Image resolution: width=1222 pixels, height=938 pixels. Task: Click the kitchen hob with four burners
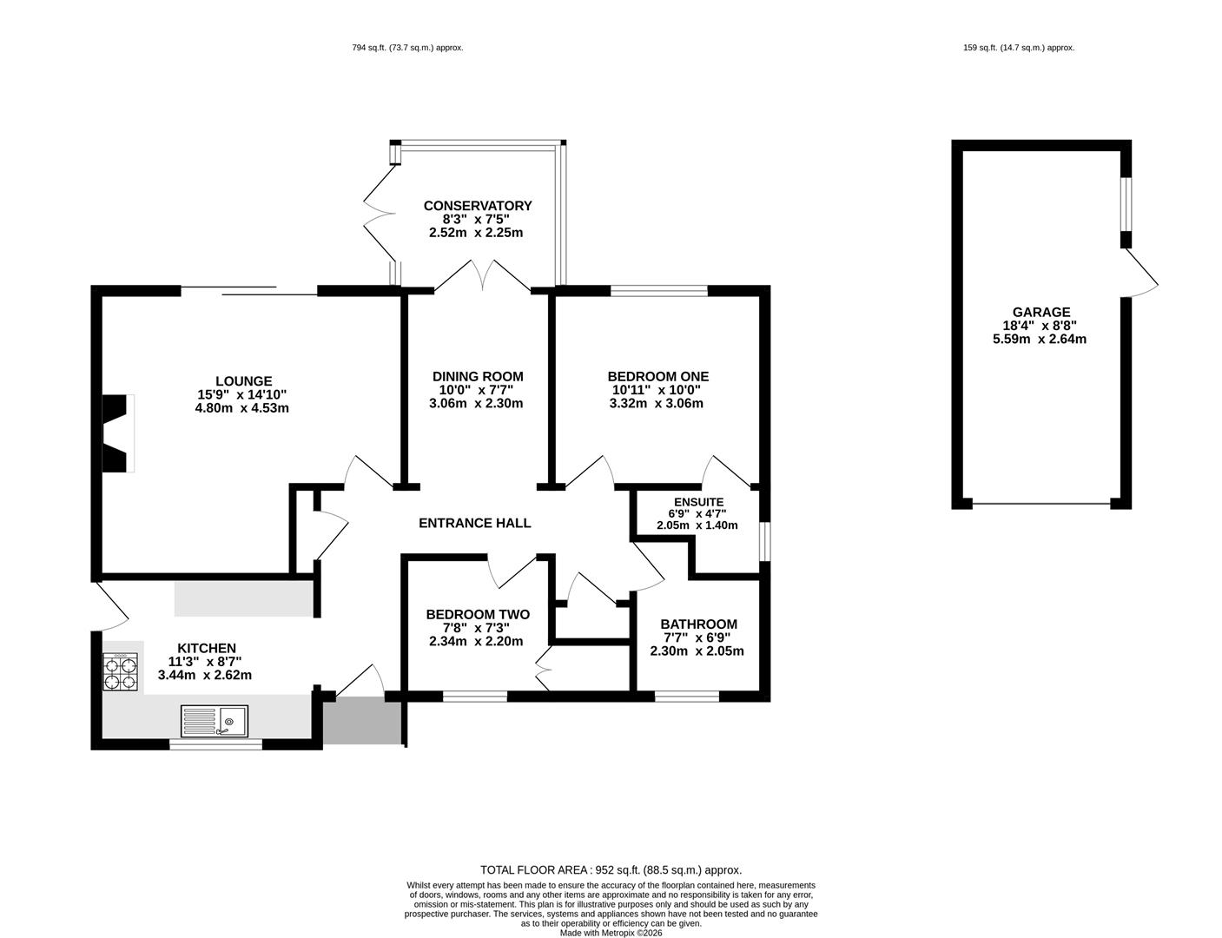tap(120, 670)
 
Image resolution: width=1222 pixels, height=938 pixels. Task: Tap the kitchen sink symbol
tap(215, 721)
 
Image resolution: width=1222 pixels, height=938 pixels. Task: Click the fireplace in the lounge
tap(118, 433)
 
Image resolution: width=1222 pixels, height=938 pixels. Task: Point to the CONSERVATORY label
tap(478, 206)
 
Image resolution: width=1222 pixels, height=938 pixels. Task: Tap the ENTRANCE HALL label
tap(474, 523)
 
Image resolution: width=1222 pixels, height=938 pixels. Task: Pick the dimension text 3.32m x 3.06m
tap(657, 403)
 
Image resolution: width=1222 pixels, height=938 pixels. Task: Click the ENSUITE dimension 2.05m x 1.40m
tap(697, 525)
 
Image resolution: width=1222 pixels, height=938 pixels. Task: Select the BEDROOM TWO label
tap(478, 614)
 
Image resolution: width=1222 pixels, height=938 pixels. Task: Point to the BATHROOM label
tap(698, 624)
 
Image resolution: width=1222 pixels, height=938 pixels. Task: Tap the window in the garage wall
tap(1126, 204)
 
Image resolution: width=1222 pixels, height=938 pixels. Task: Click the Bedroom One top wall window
tap(659, 291)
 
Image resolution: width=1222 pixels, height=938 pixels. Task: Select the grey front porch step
tap(363, 722)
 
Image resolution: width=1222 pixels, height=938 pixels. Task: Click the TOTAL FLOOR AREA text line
tap(611, 870)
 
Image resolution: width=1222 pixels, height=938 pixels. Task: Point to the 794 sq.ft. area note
tap(407, 48)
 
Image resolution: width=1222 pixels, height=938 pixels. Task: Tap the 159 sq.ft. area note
tap(1019, 48)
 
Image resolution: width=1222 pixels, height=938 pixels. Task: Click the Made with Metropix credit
tap(611, 933)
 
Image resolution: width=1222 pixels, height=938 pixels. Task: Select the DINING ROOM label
tap(478, 376)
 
